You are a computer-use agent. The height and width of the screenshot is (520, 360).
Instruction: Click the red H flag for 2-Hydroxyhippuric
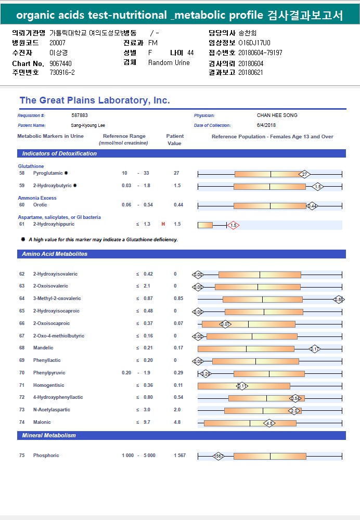[x=163, y=224]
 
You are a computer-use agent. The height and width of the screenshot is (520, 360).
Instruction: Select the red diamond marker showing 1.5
[x=233, y=225]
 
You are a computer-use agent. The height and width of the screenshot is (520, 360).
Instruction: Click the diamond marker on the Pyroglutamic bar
[x=305, y=174]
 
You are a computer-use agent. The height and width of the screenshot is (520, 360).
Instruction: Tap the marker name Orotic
[x=40, y=205]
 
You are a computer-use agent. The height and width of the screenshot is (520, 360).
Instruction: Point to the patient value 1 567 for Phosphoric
[x=179, y=456]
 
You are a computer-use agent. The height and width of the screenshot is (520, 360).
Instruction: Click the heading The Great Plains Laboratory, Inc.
[x=95, y=100]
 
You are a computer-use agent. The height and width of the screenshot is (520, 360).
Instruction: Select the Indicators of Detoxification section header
[x=59, y=153]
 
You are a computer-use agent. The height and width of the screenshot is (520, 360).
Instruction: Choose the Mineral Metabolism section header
[x=49, y=435]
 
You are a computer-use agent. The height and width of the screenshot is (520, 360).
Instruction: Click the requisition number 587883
[x=80, y=115]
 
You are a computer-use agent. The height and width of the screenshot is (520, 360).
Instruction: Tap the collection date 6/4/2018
[x=266, y=125]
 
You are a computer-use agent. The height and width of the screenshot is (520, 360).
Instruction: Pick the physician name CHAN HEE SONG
[x=277, y=115]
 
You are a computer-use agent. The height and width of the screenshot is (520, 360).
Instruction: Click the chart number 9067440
[x=60, y=63]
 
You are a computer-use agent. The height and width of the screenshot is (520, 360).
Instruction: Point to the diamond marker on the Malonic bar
[x=269, y=423]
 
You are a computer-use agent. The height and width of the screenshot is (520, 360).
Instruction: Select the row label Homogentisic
[x=49, y=385]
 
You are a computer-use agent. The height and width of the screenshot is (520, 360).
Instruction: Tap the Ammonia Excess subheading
[x=37, y=198]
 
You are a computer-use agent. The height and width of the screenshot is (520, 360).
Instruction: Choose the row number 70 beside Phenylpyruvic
[x=22, y=373]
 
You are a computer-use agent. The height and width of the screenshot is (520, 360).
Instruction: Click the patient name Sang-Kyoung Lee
[x=88, y=125]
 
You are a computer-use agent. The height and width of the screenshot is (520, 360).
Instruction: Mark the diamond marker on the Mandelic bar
[x=315, y=348]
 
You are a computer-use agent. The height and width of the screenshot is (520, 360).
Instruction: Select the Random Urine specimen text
[x=169, y=63]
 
